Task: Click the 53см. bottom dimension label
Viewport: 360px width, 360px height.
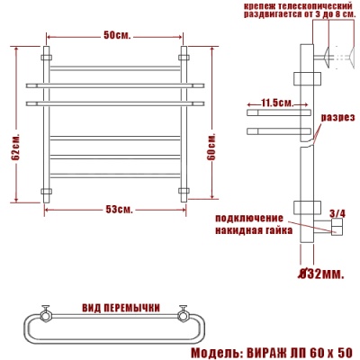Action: [x=117, y=210]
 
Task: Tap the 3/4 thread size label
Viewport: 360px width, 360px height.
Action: [x=337, y=213]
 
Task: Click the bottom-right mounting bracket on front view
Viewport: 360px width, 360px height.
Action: [x=184, y=191]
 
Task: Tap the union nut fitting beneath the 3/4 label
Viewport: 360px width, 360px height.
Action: [x=337, y=230]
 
